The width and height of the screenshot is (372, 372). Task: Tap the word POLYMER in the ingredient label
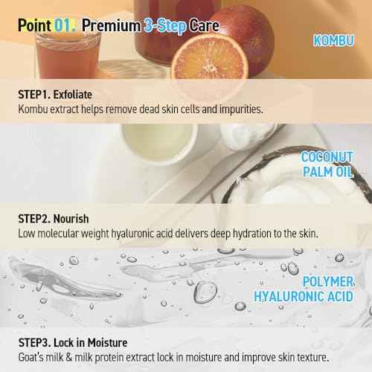pyautogui.click(x=332, y=283)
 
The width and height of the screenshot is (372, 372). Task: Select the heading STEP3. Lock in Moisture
pyautogui.click(x=83, y=343)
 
